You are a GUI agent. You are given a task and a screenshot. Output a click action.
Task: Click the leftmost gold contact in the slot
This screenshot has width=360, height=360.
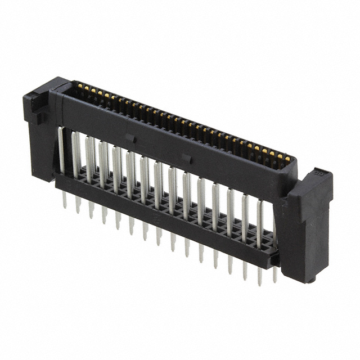[x=79, y=86]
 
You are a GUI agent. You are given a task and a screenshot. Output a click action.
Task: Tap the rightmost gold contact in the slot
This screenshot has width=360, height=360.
[x=287, y=159]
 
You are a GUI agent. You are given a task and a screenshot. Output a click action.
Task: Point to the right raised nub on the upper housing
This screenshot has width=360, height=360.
[x=187, y=159]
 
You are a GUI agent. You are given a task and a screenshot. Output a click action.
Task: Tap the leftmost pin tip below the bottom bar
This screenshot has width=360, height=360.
[x=64, y=201]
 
